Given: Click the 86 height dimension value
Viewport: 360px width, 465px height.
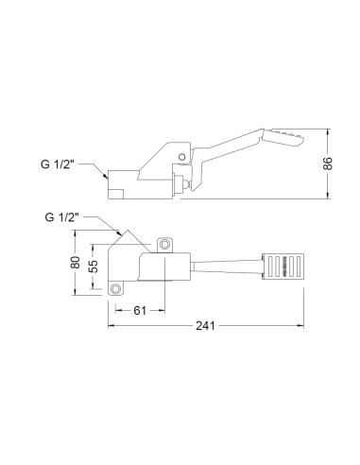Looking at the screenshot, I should [x=328, y=164].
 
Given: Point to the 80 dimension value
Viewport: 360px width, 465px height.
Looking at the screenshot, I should [x=77, y=260].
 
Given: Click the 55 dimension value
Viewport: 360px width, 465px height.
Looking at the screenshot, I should [x=94, y=267].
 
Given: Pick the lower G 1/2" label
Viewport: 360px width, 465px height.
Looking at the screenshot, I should [x=63, y=216].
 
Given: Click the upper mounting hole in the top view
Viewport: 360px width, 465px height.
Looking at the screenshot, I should [x=166, y=245].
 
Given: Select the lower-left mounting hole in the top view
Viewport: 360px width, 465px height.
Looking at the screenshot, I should [x=116, y=288].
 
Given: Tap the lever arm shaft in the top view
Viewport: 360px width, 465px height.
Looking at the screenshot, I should [x=227, y=266].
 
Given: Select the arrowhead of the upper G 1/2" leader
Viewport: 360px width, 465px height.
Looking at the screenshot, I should [x=107, y=178].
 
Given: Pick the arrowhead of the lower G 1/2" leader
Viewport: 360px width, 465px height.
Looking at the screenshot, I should [x=116, y=232].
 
